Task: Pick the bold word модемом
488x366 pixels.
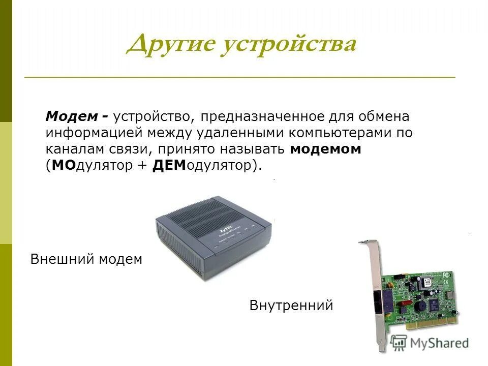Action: point(326,149)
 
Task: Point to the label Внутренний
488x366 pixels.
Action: point(291,305)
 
